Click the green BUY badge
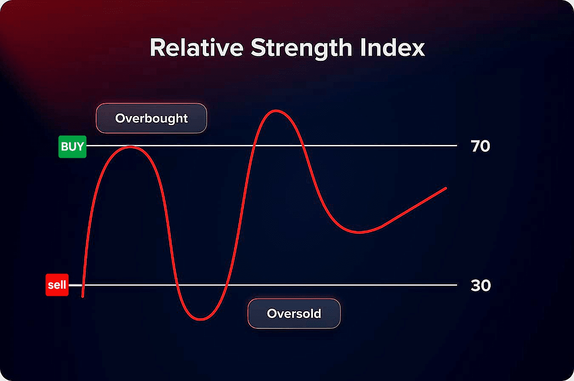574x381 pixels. tap(72, 147)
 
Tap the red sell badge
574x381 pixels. tap(57, 284)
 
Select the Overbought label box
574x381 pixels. tap(151, 118)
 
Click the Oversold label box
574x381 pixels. tap(294, 313)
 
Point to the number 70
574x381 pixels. tap(480, 146)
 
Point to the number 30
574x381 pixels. tap(480, 285)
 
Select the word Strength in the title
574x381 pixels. tap(301, 48)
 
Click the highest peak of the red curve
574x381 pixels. tap(276, 111)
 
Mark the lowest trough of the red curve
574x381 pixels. tap(201, 319)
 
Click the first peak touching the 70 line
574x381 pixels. tap(131, 147)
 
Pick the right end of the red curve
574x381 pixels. tap(446, 188)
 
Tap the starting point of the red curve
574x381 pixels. tap(82, 296)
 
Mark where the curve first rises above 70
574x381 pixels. tap(254, 145)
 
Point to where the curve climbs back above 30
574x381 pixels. tap(226, 285)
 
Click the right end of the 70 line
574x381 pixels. tap(457, 145)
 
